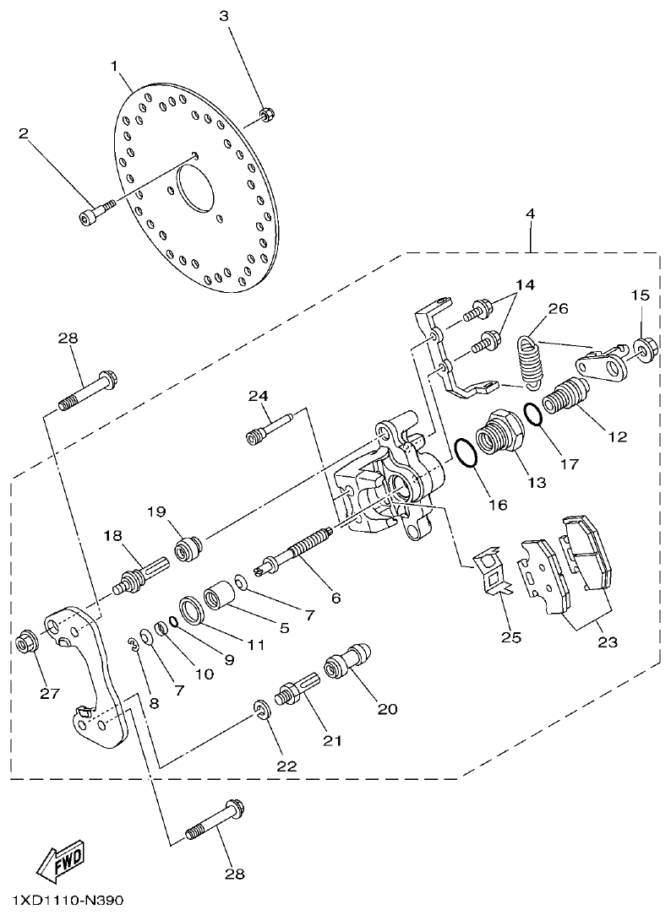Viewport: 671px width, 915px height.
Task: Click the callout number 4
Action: [x=530, y=214]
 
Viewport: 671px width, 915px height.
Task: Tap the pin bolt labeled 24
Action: [x=268, y=426]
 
